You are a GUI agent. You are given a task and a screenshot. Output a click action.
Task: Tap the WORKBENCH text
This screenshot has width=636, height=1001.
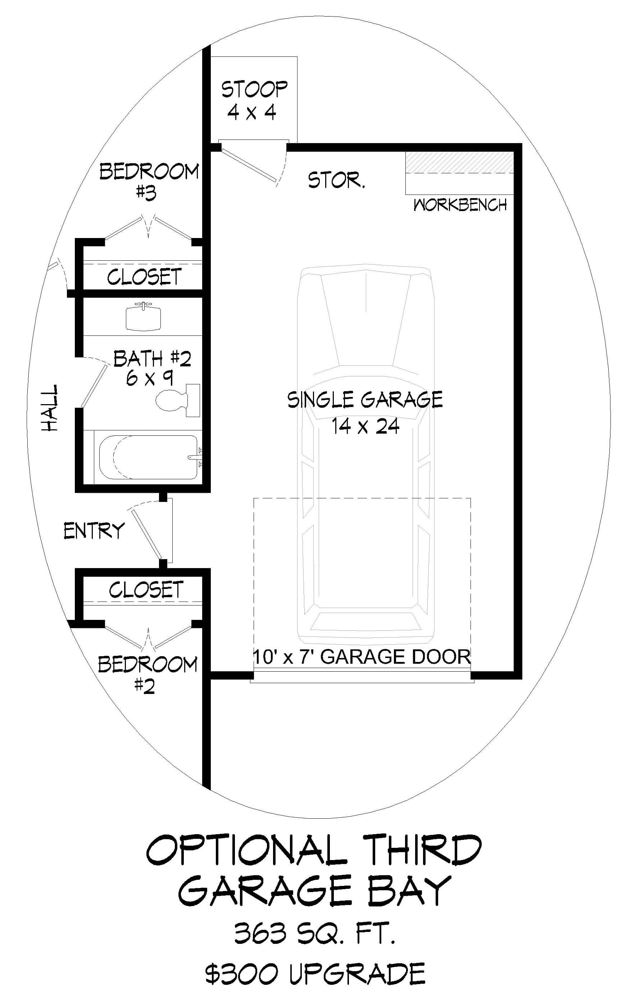tap(460, 205)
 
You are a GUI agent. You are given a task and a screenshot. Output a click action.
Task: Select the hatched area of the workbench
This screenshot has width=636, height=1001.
tap(460, 162)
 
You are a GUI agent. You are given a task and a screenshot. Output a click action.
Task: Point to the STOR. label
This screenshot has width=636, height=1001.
tap(336, 180)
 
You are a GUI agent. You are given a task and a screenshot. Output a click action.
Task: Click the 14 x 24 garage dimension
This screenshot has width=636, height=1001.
tap(365, 426)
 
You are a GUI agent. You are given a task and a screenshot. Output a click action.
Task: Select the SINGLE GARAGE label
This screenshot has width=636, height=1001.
tap(365, 400)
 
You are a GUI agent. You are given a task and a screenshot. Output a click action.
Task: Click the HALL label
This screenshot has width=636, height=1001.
tap(50, 407)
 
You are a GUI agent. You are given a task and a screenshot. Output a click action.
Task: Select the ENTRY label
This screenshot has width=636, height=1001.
tap(94, 531)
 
